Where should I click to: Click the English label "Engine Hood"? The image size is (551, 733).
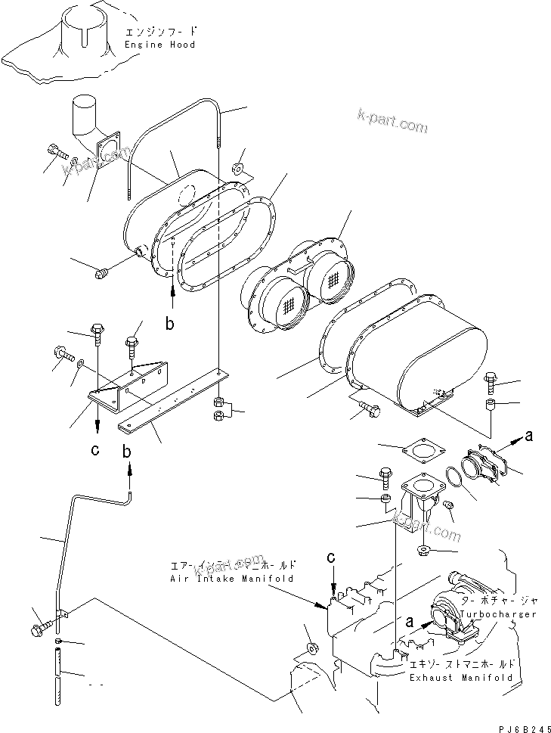[x=159, y=45]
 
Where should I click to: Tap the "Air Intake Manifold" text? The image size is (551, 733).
[x=232, y=577]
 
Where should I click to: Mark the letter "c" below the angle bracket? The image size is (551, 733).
[x=94, y=452]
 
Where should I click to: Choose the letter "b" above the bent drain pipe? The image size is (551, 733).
[x=128, y=452]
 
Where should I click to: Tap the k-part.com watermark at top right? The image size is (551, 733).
[x=393, y=123]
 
